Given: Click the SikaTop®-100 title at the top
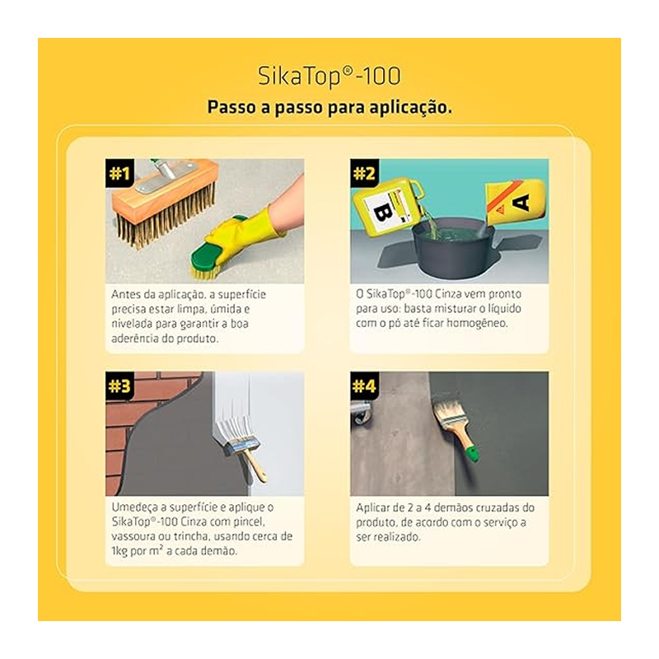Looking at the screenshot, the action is [x=329, y=77].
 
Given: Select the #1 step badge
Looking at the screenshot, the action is [x=119, y=173].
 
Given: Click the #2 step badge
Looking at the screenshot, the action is [x=364, y=173].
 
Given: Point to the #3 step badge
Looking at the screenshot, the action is [x=119, y=386].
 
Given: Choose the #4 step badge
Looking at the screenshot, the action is [x=364, y=386].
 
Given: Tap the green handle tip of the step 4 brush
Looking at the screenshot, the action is [x=473, y=455].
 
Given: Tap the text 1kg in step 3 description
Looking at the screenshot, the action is [x=119, y=551].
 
